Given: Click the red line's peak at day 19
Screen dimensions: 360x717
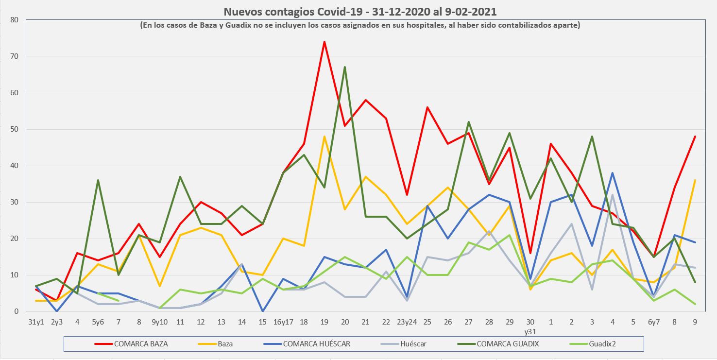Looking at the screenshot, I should coord(324,42).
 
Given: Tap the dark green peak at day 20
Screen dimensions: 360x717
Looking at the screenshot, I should coord(344,67).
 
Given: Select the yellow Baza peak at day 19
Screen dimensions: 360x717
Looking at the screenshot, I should coord(324,137).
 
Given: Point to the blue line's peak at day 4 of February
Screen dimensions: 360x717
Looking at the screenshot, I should coord(613,173).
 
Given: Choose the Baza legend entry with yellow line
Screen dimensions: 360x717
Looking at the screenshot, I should coord(225,344).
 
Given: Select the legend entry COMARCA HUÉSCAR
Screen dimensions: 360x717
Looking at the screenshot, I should coord(316,344).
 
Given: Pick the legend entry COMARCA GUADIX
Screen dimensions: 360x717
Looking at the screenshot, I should coord(508,344).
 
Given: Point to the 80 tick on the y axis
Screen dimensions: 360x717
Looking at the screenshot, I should coord(14,20).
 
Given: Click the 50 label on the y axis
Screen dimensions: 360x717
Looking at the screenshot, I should coord(14,129).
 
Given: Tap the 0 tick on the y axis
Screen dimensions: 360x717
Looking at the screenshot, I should coord(16,311).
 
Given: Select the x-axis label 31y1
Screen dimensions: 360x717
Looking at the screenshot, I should coord(36,322).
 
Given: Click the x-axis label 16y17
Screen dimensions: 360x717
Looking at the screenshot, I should coord(283,322).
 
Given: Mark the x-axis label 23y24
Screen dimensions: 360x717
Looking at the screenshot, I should coord(406,322).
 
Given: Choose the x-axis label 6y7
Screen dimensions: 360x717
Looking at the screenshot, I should coord(654,322).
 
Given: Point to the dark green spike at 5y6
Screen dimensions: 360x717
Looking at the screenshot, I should coord(98,180).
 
